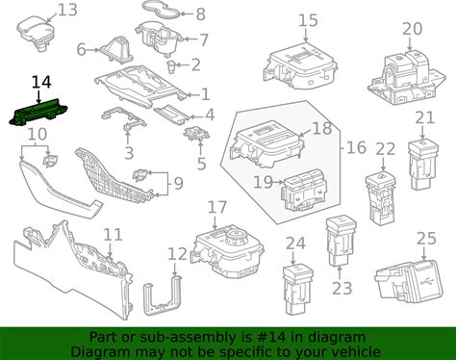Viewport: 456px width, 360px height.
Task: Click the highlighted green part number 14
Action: (x=38, y=113)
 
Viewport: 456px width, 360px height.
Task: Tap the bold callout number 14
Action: (x=41, y=82)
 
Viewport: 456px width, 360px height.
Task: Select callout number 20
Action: (x=413, y=29)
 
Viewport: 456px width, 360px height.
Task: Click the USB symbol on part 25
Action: (x=426, y=282)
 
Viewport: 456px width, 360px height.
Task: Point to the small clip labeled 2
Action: (x=172, y=66)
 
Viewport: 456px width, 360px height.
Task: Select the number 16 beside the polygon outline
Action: (x=356, y=148)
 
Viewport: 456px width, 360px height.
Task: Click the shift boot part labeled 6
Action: (x=117, y=49)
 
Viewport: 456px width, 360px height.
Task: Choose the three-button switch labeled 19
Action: (x=303, y=189)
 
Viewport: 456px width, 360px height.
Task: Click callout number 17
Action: (x=217, y=208)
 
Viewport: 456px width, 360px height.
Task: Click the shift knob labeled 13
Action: (x=36, y=32)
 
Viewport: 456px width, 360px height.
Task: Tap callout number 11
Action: (x=113, y=235)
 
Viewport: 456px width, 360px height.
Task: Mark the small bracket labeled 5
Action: (x=196, y=134)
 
